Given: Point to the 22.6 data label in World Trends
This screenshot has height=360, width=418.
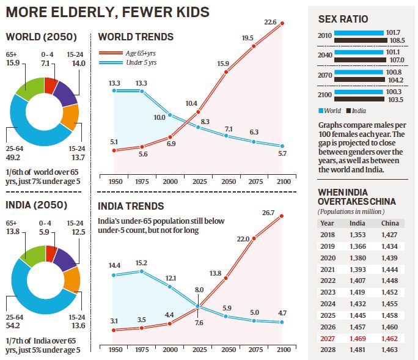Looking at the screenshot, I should pyautogui.click(x=270, y=23).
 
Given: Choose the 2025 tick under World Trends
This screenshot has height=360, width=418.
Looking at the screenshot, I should pyautogui.click(x=198, y=182).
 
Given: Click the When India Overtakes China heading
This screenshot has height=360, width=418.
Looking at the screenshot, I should pyautogui.click(x=356, y=197).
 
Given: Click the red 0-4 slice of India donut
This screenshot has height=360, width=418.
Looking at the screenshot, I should pyautogui.click(x=51, y=253).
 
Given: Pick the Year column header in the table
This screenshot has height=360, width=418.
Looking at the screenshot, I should pyautogui.click(x=327, y=222).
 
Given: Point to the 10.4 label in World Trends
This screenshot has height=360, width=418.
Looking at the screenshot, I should pyautogui.click(x=191, y=103).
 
